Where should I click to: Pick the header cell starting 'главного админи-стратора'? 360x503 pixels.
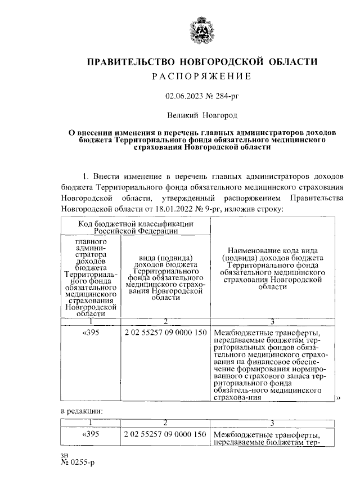click(x=91, y=277)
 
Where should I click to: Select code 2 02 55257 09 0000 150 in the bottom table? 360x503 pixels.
click(x=165, y=435)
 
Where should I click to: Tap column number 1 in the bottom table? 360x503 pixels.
click(x=91, y=423)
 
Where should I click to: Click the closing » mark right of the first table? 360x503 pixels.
click(x=339, y=398)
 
